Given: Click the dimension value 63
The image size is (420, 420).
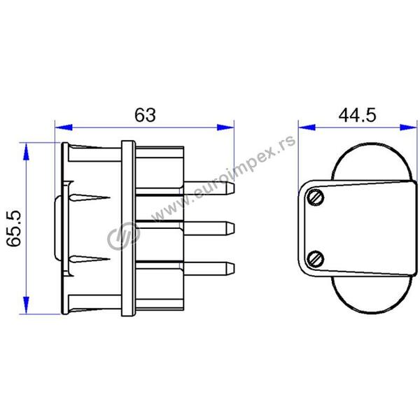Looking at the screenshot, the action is tap(145, 115).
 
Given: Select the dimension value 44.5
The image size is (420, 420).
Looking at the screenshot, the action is tap(357, 115).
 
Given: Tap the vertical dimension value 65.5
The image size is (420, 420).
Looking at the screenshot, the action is tap(14, 228).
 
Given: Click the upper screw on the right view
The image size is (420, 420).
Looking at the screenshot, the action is tap(315, 197).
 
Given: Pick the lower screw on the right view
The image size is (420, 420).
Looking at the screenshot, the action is tap(315, 259).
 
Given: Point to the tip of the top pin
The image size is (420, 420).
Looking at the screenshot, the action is tap(234, 188).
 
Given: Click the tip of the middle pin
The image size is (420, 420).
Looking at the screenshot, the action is tap(234, 228).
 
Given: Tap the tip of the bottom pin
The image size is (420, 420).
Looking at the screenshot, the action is tap(234, 268).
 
